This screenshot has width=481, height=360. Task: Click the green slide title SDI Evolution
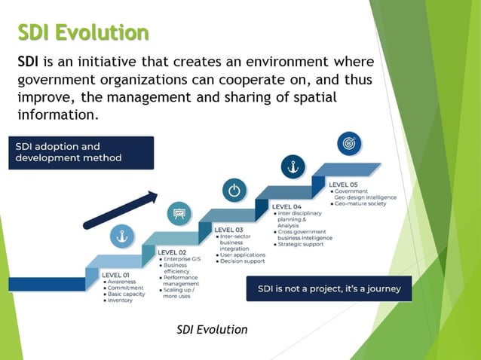(83, 32)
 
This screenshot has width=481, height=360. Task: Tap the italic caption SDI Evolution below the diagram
(212, 329)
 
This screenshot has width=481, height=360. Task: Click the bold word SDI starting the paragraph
(29, 61)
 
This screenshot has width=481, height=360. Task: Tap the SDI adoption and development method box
(81, 152)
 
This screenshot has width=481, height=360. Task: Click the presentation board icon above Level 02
(179, 214)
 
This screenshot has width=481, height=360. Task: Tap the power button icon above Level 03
(234, 190)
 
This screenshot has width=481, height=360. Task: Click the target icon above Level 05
(348, 142)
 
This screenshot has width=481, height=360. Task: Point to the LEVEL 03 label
(229, 229)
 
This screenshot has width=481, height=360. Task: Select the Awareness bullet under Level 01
(121, 282)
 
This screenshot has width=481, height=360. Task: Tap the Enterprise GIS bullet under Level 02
(181, 258)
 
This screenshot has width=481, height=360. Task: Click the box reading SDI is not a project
(329, 288)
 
